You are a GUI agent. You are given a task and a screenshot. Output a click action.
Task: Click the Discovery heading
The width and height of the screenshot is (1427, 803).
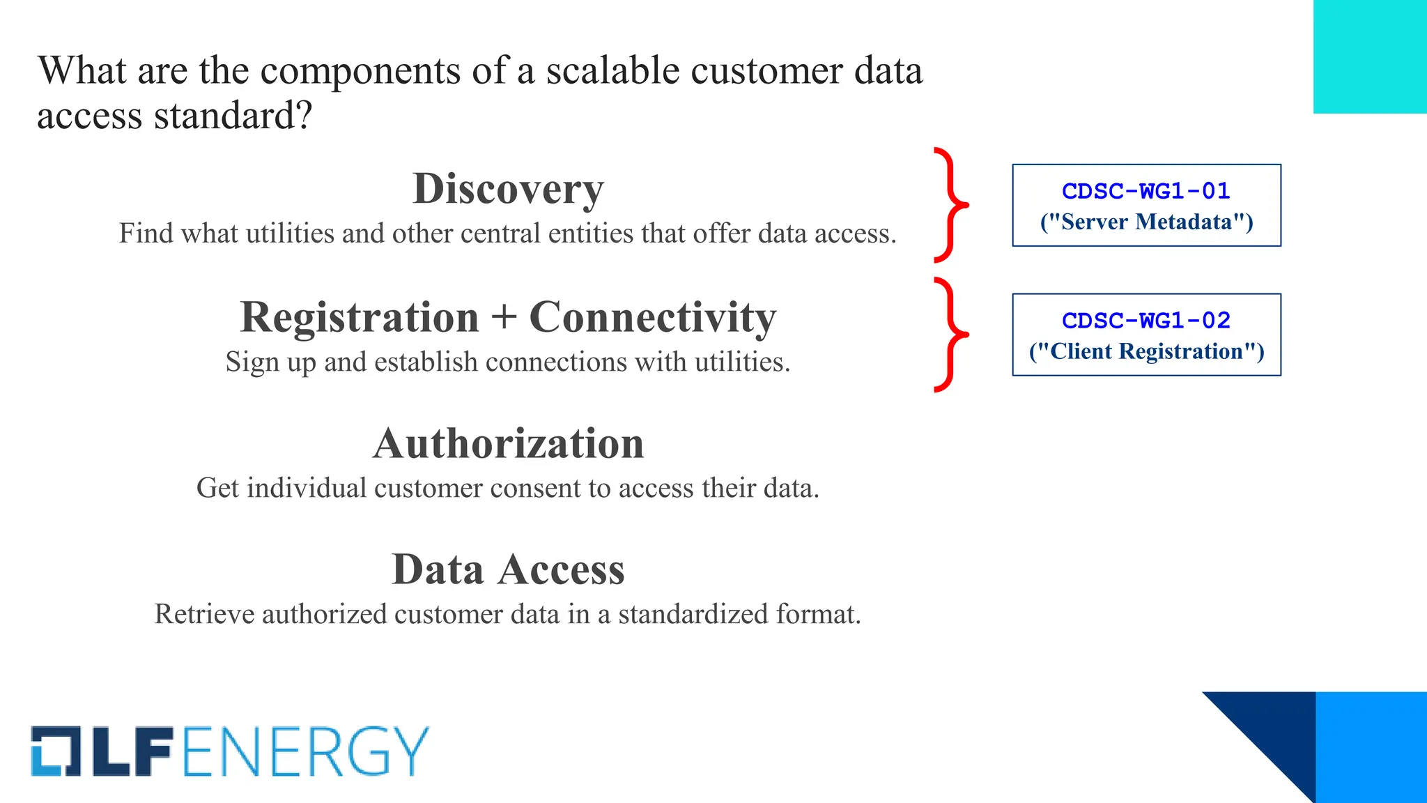pyautogui.click(x=508, y=189)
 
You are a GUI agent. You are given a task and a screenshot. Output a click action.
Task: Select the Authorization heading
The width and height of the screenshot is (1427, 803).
pyautogui.click(x=508, y=444)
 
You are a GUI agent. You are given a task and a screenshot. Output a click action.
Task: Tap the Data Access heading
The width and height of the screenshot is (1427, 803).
pyautogui.click(x=508, y=569)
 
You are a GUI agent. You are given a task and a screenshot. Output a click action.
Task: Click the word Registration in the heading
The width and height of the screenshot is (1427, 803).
pyautogui.click(x=360, y=318)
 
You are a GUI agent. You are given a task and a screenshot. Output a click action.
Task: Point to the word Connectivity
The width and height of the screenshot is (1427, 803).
pyautogui.click(x=652, y=318)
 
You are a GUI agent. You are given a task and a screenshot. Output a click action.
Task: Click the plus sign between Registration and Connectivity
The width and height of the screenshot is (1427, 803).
pyautogui.click(x=504, y=318)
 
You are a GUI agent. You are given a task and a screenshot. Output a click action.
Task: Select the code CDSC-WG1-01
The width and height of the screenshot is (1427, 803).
pyautogui.click(x=1146, y=191)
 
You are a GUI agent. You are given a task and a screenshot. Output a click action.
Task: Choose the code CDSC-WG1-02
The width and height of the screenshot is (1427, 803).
pyautogui.click(x=1146, y=321)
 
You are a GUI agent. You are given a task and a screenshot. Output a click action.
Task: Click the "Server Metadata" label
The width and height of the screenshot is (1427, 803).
pyautogui.click(x=1146, y=222)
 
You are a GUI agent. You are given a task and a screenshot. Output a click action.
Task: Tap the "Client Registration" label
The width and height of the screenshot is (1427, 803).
pyautogui.click(x=1146, y=351)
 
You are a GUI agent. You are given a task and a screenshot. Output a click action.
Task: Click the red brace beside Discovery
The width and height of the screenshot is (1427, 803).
pyautogui.click(x=951, y=205)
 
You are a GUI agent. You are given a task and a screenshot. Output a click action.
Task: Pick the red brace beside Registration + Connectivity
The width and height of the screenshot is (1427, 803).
pyautogui.click(x=951, y=335)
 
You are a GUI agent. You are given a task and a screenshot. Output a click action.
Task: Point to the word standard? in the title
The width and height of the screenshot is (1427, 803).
pyautogui.click(x=233, y=116)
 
